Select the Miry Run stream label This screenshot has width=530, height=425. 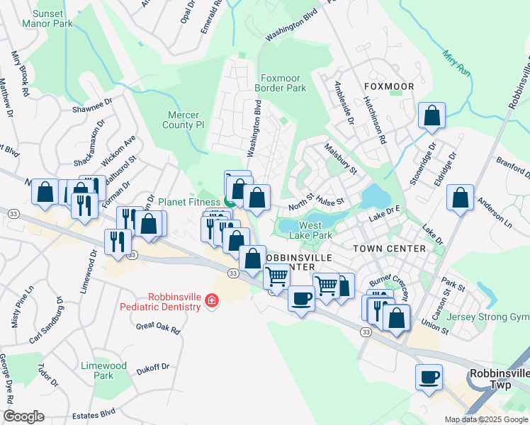pyautogui.click(x=456, y=62)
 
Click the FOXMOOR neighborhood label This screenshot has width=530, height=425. pyautogui.click(x=388, y=86)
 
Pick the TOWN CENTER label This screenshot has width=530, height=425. pyautogui.click(x=390, y=249)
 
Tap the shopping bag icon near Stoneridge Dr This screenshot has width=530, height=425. pyautogui.click(x=432, y=115)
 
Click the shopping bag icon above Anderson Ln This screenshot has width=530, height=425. pyautogui.click(x=460, y=198)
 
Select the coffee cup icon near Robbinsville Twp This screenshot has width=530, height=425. pyautogui.click(x=429, y=378)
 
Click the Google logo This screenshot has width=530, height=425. pyautogui.click(x=23, y=416)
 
